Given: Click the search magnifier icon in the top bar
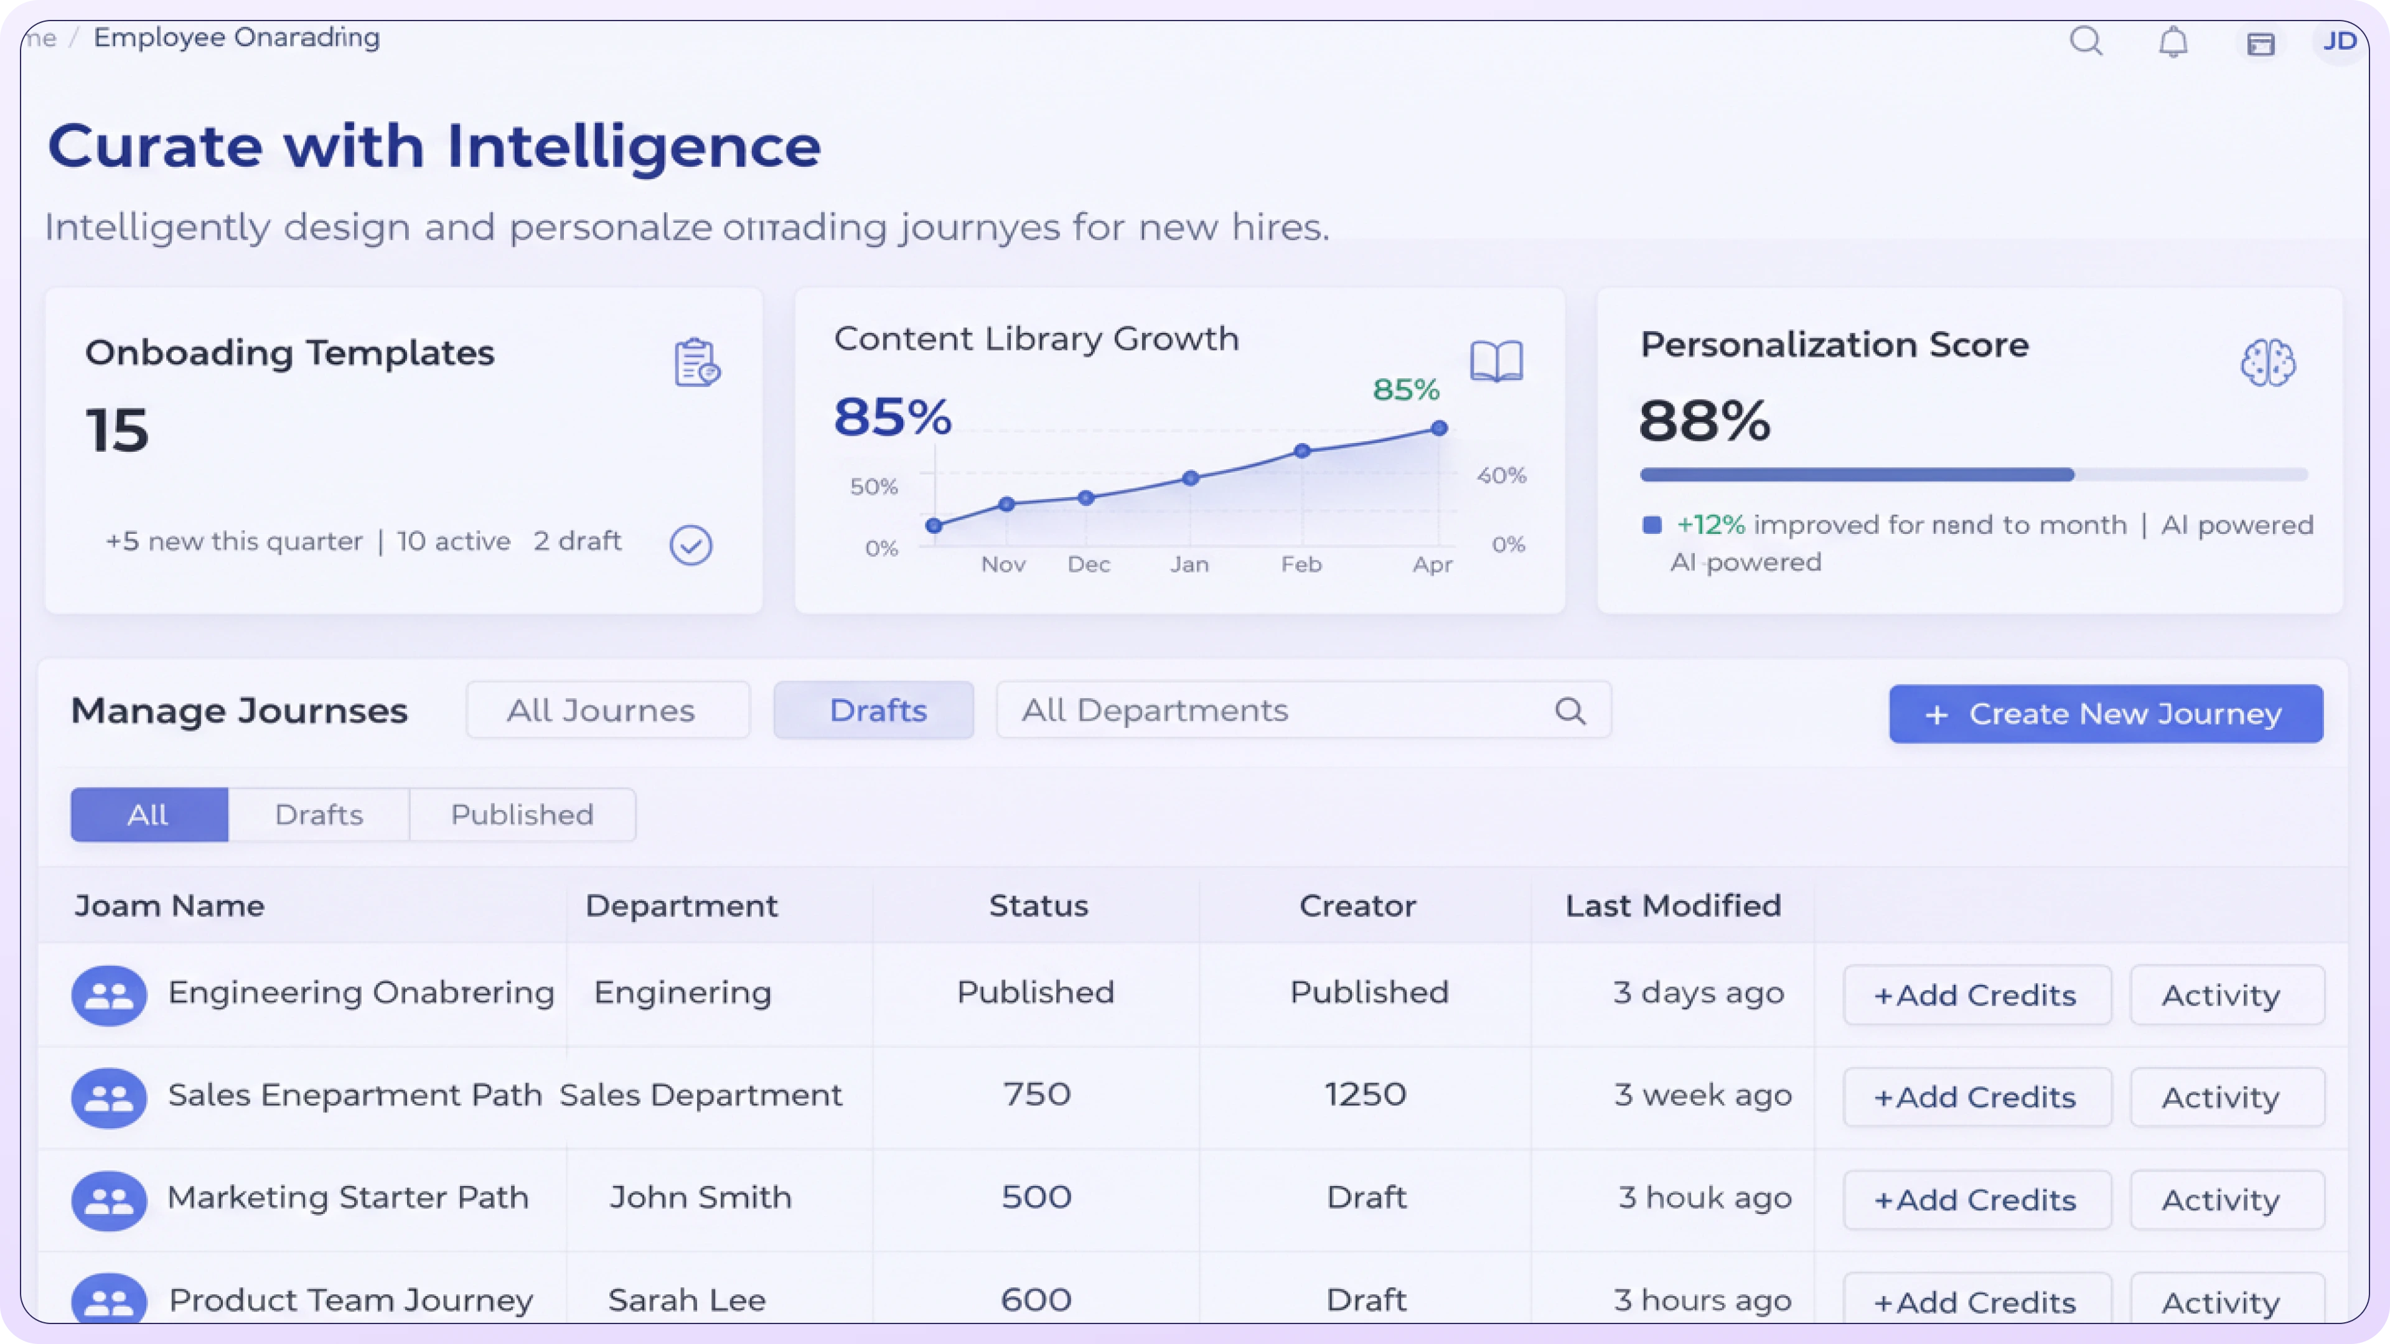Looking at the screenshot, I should tap(2086, 41).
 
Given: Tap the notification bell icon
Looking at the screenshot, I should tap(2173, 42).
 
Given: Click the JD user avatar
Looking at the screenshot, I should tap(2339, 41).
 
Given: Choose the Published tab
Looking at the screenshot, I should tap(522, 814).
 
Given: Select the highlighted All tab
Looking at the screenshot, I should tap(149, 814).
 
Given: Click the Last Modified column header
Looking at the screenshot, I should tap(1673, 905).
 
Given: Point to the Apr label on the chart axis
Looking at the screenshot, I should tap(1432, 564).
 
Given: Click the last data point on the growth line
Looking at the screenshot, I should tap(1439, 429).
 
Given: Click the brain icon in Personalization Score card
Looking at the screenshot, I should tap(2267, 362).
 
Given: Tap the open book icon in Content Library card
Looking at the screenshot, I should tap(1496, 362).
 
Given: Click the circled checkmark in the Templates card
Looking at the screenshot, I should tap(691, 546).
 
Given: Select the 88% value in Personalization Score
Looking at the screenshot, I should tap(1704, 421).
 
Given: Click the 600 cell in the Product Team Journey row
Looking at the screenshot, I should tap(1036, 1299).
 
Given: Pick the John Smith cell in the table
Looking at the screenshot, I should tap(700, 1197).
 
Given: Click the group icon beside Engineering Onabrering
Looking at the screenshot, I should tap(110, 996).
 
